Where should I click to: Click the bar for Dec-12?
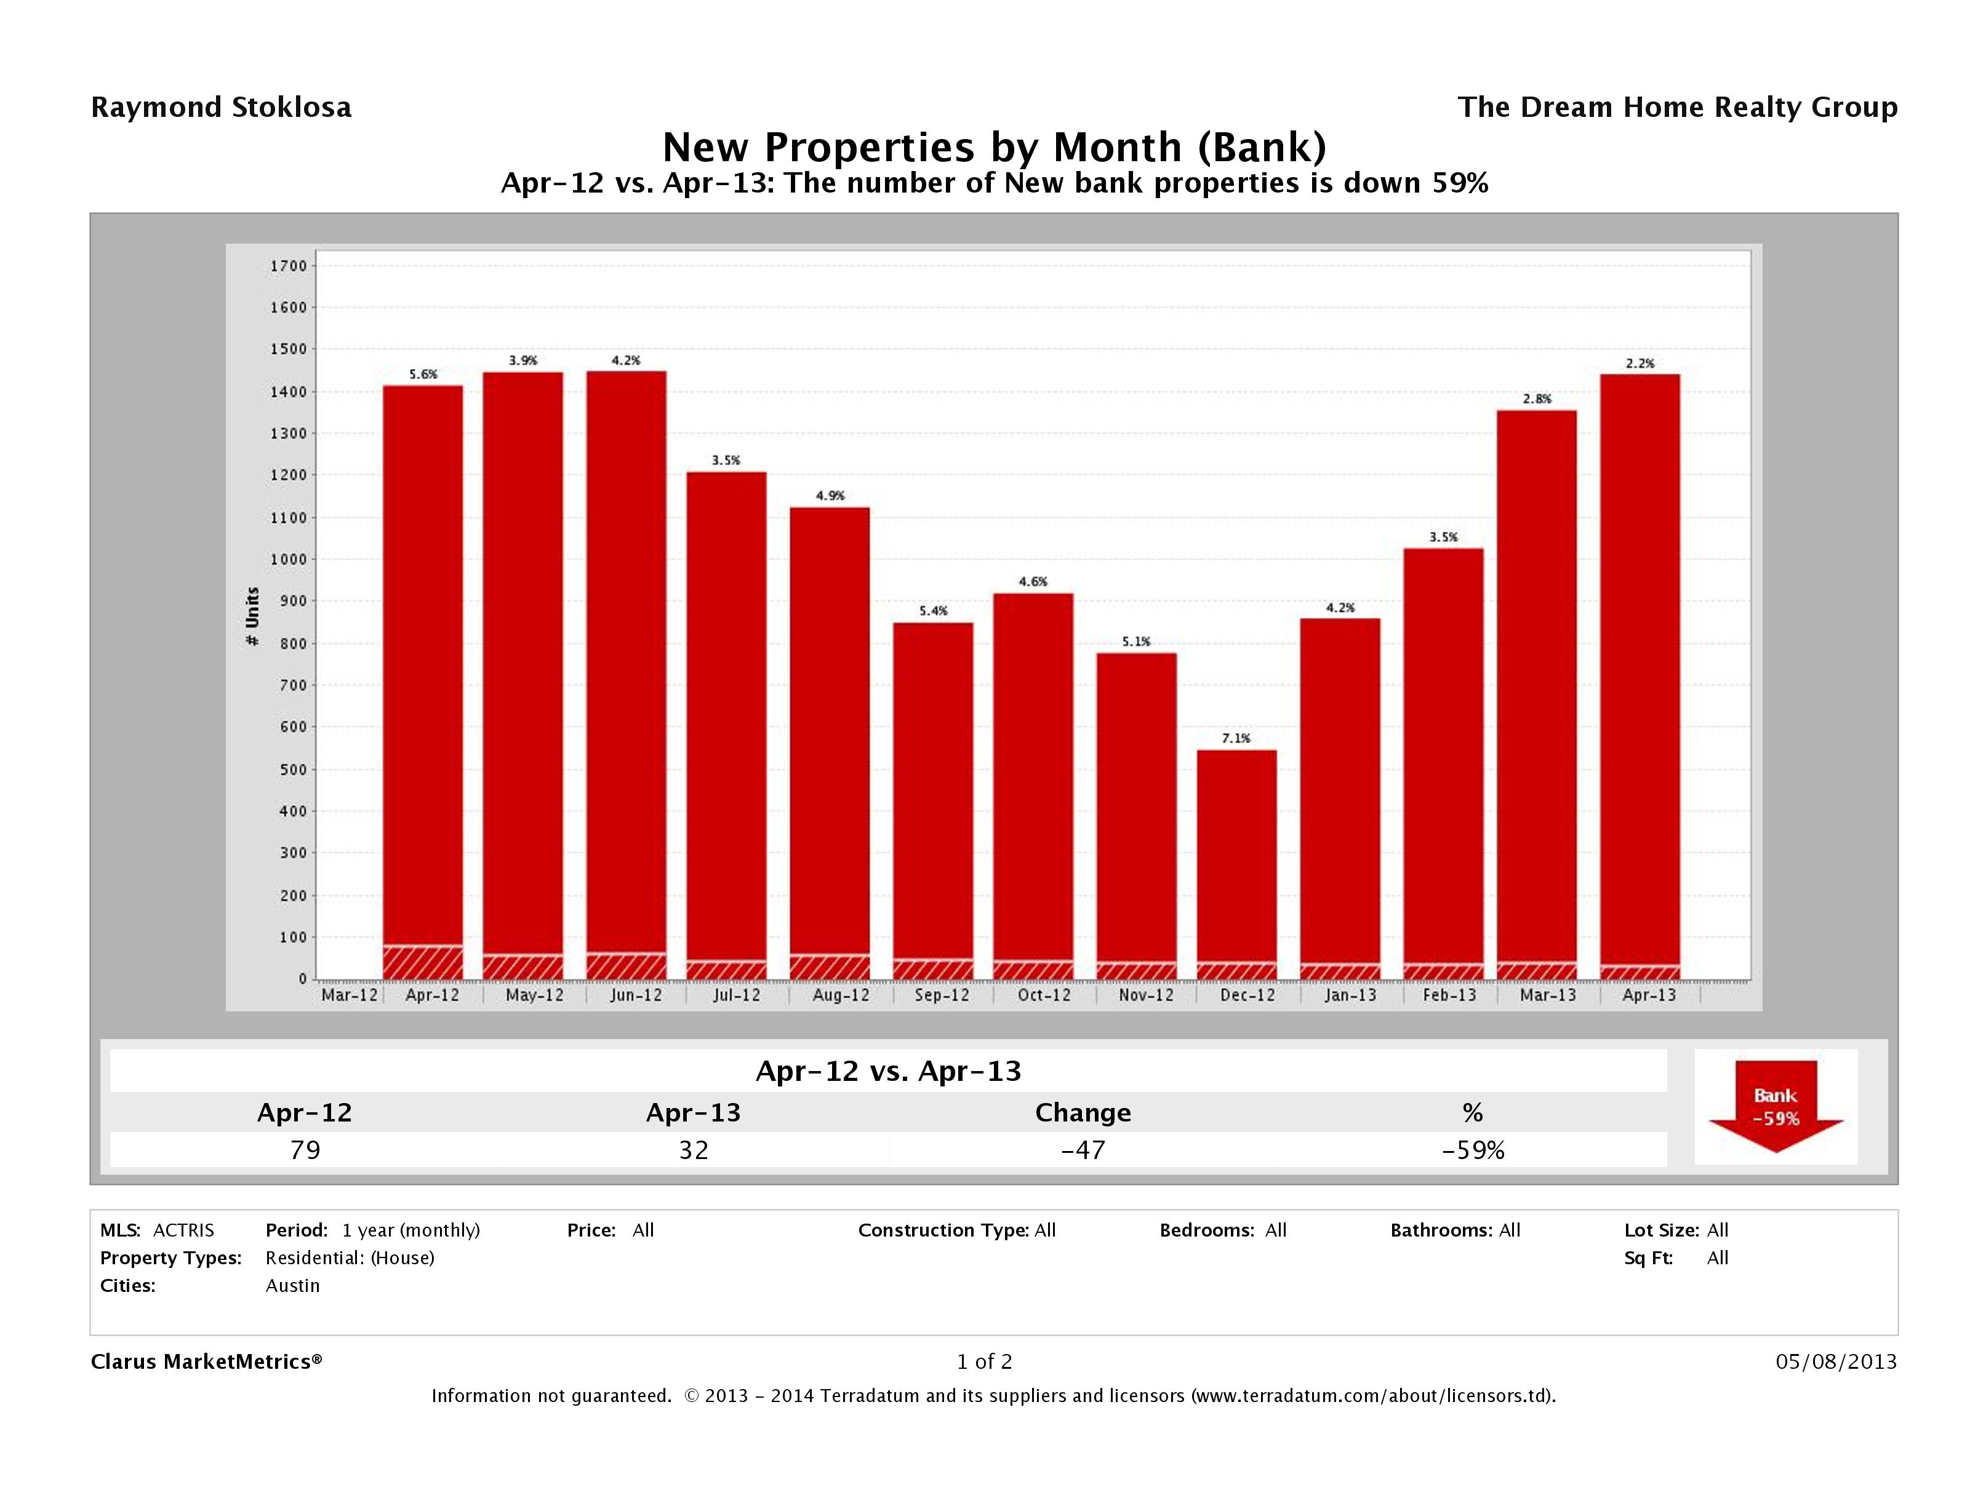point(1236,853)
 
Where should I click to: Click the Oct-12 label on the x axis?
point(1043,995)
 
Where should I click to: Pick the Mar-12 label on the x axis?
point(349,995)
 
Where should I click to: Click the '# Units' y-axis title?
point(252,616)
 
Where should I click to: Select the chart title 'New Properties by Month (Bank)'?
point(993,147)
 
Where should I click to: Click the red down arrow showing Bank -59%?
point(1775,1107)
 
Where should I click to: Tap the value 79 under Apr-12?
point(305,1150)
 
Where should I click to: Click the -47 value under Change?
point(1083,1150)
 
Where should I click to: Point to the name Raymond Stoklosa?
point(221,108)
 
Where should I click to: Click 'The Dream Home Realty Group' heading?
point(1677,108)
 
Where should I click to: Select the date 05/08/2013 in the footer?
point(1836,1361)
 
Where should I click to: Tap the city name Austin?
point(293,1285)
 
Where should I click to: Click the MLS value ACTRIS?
point(183,1230)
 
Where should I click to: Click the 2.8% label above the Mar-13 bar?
point(1536,399)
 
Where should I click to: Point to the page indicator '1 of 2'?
point(984,1361)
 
